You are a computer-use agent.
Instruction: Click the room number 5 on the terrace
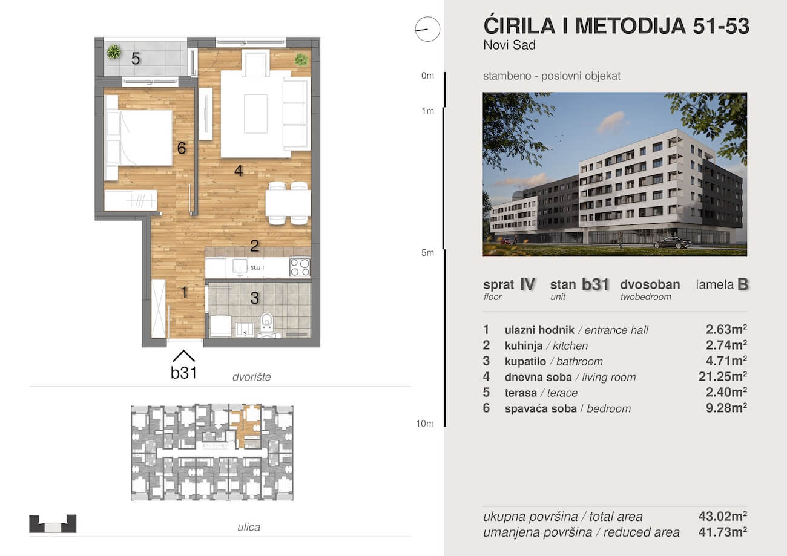point(136,59)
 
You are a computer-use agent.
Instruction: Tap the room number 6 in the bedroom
point(181,148)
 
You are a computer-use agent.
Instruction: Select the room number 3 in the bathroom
point(255,298)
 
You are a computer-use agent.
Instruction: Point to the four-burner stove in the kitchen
point(300,267)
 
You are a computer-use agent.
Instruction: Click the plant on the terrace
point(113,52)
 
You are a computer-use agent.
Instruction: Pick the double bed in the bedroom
point(138,138)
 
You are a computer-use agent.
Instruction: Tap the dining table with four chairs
point(288,203)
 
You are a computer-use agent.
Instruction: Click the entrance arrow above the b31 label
point(183,356)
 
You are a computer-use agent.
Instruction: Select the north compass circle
point(427,29)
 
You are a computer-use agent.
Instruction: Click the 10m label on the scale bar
point(425,424)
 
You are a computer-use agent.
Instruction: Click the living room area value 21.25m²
point(723,376)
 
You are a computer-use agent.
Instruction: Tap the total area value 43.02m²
point(723,516)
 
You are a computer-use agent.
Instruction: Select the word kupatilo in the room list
point(525,361)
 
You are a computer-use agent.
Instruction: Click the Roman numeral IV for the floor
point(527,284)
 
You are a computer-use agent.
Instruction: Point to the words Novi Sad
point(510,45)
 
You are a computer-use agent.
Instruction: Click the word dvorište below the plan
point(252,377)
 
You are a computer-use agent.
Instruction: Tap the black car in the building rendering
point(673,243)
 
